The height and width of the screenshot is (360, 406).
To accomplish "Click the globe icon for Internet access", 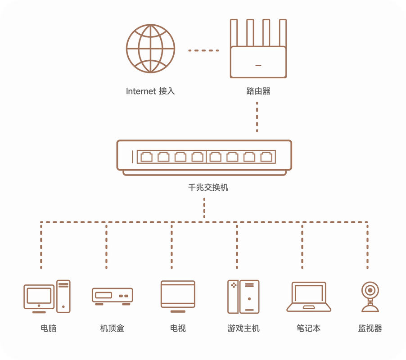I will click(x=150, y=49).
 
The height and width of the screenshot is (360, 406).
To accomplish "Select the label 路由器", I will click(x=258, y=91).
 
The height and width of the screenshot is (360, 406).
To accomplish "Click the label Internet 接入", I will click(x=150, y=91).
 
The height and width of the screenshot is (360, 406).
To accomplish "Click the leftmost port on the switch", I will click(x=146, y=157).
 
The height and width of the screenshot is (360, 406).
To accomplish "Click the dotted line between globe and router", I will click(x=203, y=50).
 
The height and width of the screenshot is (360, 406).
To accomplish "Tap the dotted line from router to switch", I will click(x=257, y=117).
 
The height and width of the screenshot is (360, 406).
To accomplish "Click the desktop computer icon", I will click(x=47, y=296).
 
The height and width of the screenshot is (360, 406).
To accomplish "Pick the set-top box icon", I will click(x=112, y=296).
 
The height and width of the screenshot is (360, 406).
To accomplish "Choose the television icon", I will click(x=178, y=296).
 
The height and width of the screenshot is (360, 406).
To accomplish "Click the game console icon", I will click(x=244, y=296).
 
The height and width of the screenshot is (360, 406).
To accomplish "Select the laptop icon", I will click(x=309, y=297).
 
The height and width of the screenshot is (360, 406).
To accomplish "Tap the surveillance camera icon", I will click(x=370, y=297).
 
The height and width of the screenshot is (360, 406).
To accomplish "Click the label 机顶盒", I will click(x=112, y=328).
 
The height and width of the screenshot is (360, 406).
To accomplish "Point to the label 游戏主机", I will click(x=244, y=328).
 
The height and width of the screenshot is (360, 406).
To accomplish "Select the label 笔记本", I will click(x=309, y=328).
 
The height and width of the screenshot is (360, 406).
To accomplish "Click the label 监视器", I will click(x=370, y=328).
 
